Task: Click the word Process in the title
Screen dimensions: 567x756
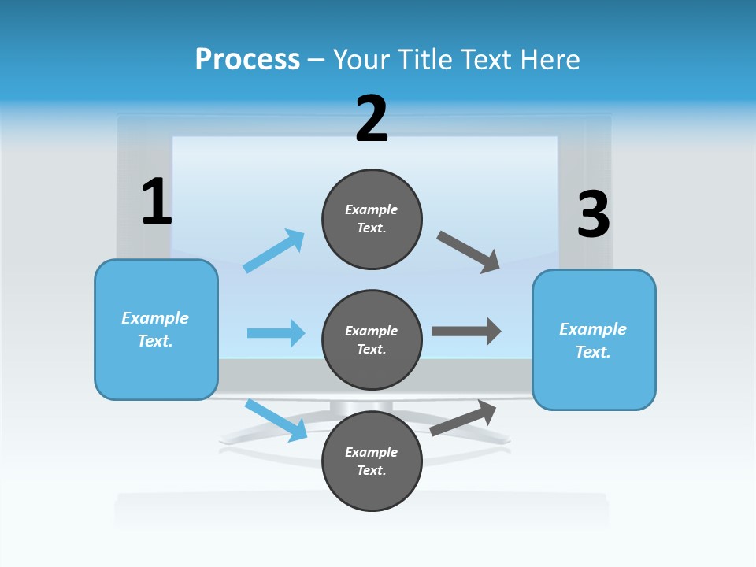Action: tap(247, 60)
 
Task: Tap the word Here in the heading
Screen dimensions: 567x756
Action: tap(548, 60)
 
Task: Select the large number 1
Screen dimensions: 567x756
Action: tap(157, 202)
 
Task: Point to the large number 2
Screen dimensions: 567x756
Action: tap(372, 119)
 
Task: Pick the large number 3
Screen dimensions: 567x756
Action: tap(593, 215)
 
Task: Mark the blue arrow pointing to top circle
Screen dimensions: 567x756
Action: tap(274, 250)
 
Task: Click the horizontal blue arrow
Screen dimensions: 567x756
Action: tap(276, 333)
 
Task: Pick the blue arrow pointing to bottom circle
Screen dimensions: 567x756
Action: tap(276, 420)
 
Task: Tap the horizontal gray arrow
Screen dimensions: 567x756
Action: tap(466, 331)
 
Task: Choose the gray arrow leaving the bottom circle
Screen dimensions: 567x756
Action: tap(464, 417)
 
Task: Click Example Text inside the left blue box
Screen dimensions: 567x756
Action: tap(155, 329)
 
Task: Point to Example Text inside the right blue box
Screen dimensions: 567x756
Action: tap(593, 340)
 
